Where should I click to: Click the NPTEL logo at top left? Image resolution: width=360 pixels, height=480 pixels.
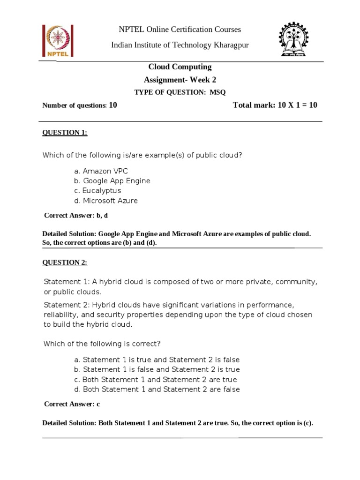pos(56,40)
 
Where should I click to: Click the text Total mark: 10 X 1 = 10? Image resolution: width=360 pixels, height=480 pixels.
pos(275,105)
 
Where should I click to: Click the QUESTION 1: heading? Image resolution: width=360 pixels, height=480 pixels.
pos(65,133)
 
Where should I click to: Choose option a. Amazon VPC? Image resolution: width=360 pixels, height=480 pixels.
pos(101,171)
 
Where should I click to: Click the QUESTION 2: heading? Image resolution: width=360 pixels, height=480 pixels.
pos(65,262)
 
